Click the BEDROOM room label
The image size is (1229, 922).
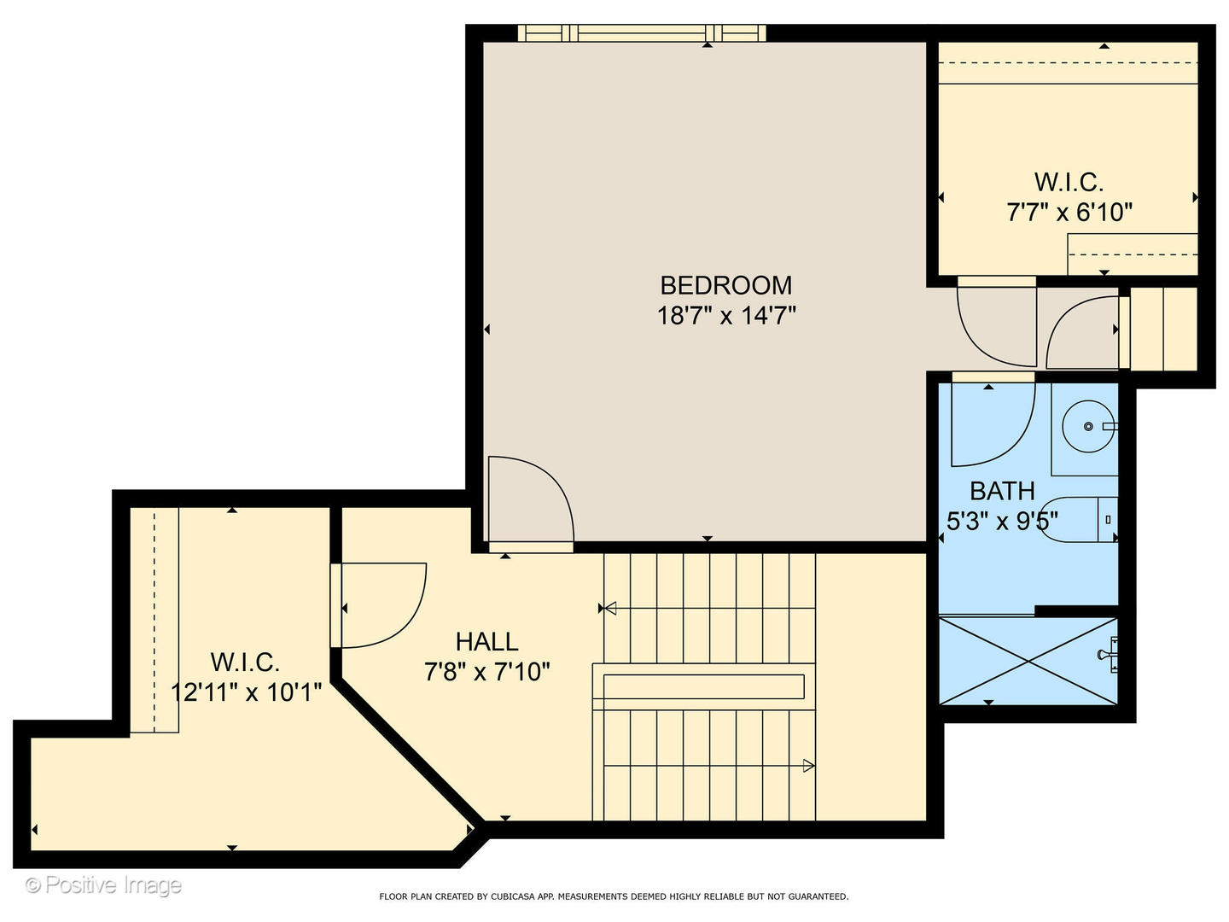coord(725,285)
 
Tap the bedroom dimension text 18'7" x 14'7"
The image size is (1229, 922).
coord(725,316)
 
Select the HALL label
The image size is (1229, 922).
coord(486,641)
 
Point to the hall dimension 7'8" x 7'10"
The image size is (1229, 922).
coord(486,672)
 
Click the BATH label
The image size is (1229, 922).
coord(1002,491)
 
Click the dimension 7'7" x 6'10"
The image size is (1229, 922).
coord(1069,212)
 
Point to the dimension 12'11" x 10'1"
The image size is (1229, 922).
coord(246,691)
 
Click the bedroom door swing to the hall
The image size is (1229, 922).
coord(529,499)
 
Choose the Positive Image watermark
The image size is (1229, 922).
coord(103,885)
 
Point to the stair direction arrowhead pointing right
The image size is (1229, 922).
coord(807,766)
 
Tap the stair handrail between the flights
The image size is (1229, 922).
coord(704,686)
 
